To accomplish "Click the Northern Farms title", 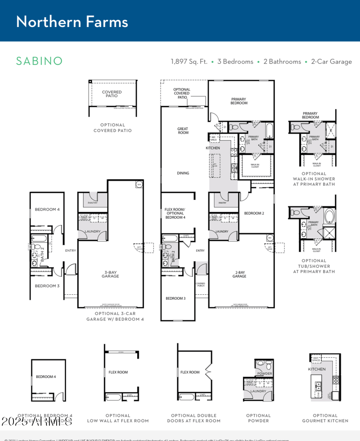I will point(72,22).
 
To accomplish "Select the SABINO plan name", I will point(39,61).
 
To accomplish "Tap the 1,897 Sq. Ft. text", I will point(189,62).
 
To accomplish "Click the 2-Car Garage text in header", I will point(331,62).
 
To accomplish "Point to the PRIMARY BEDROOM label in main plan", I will point(239,101).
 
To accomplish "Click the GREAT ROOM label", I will point(183,130).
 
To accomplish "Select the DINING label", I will point(183,173).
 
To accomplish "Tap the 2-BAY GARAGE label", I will point(239,274).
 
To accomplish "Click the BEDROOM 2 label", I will point(254,213).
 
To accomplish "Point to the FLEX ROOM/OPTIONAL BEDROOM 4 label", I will point(175,213).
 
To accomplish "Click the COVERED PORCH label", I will point(200,285).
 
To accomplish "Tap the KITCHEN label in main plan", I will point(213,148).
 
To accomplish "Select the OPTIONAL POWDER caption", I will point(258,418).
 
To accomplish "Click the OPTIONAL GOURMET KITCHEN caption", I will point(325,418).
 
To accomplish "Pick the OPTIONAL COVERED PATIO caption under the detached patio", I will point(112,128).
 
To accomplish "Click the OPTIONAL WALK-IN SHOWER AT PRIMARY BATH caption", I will point(314,179).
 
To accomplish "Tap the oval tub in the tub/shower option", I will point(329,216).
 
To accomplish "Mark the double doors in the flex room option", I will point(208,372).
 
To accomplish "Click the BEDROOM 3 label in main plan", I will point(175,298).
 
